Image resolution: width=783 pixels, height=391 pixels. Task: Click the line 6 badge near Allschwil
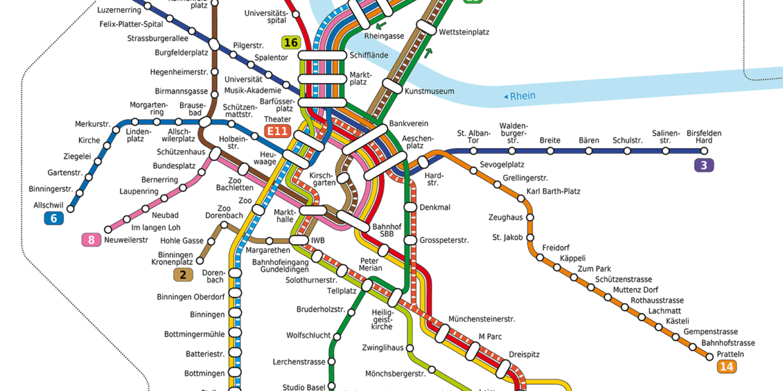pyautogui.click(x=54, y=219)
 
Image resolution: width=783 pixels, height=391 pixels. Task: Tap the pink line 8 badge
pyautogui.click(x=91, y=240)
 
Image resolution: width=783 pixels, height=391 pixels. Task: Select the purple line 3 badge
pyautogui.click(x=703, y=165)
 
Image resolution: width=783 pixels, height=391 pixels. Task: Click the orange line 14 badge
pyautogui.click(x=727, y=367)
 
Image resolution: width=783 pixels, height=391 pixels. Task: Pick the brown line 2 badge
pyautogui.click(x=183, y=275)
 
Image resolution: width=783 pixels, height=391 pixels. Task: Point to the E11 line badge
pyautogui.click(x=278, y=131)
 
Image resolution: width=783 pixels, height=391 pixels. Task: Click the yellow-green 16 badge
pyautogui.click(x=291, y=43)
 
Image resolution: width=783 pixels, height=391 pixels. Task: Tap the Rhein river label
pyautogui.click(x=523, y=96)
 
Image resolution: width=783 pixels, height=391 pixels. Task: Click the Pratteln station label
pyautogui.click(x=730, y=354)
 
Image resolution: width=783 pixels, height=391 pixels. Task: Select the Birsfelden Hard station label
pyautogui.click(x=704, y=137)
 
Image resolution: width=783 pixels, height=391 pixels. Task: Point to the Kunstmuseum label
pyautogui.click(x=429, y=91)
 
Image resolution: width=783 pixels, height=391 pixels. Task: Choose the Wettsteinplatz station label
pyautogui.click(x=464, y=32)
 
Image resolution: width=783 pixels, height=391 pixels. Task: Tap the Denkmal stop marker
pyautogui.click(x=410, y=206)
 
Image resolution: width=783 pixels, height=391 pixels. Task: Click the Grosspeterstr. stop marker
pyautogui.click(x=410, y=240)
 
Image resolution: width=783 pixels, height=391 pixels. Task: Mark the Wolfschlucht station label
pyautogui.click(x=307, y=335)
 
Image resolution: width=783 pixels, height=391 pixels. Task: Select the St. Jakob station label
pyautogui.click(x=507, y=237)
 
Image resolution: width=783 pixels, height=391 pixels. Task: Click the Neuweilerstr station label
pyautogui.click(x=126, y=240)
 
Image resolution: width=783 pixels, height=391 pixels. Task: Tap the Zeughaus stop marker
pyautogui.click(x=528, y=218)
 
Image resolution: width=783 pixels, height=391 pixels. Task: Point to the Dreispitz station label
pyautogui.click(x=524, y=355)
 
